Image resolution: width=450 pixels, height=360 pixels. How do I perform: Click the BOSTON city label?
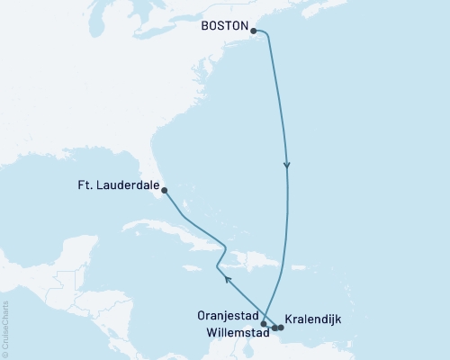coord(222,28)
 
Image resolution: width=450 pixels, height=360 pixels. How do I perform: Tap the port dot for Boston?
coord(253,31)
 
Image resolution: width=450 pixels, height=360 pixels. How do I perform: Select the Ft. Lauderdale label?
coord(118,188)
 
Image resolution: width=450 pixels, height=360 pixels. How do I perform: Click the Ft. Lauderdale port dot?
coord(164,189)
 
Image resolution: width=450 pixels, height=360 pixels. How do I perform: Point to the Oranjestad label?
coord(228,316)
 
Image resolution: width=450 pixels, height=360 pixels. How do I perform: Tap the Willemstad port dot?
coord(274,328)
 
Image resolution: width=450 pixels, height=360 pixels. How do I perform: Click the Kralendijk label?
coord(312,319)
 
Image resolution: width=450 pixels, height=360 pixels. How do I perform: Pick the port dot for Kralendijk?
coord(281,328)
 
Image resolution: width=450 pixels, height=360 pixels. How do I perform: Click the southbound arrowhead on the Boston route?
coord(287,166)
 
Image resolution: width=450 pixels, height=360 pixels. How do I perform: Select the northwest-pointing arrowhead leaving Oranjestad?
coord(226,281)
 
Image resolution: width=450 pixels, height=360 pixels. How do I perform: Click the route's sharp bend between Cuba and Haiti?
coord(217,266)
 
